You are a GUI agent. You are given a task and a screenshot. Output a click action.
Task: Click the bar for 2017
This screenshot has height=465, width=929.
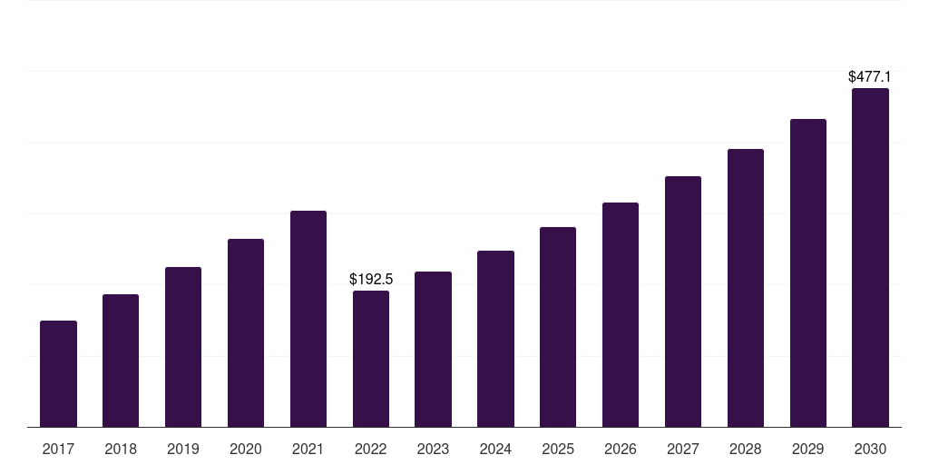pos(58,373)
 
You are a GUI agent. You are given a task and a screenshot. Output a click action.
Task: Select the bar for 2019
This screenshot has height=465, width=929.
pos(183,347)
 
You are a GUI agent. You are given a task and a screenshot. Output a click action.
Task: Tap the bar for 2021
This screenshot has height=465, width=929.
pos(308,319)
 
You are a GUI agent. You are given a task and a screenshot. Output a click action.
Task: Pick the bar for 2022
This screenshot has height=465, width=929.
pos(371,359)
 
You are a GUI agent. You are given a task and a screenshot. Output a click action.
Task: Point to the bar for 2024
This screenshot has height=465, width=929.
pos(495,339)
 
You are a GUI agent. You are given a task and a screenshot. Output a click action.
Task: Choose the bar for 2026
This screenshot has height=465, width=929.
pos(621,314)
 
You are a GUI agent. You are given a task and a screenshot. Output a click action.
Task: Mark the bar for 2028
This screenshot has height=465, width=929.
pos(746,288)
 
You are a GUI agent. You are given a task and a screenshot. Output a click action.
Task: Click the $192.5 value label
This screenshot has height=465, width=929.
pos(371,280)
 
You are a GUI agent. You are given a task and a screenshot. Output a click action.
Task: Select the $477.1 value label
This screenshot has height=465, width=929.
pos(869,77)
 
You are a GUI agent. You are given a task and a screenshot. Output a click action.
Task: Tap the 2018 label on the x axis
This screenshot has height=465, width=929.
pos(121,449)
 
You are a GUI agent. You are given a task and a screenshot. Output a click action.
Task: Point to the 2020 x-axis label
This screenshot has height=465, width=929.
pos(246,449)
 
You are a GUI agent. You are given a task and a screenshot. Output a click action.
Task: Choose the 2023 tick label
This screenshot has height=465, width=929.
pos(433,449)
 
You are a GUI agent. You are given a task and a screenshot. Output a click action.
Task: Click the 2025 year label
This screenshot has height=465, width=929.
pos(558,449)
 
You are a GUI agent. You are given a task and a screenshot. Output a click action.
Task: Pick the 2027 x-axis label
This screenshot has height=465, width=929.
pos(683,449)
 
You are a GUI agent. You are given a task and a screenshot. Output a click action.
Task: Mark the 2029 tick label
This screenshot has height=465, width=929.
pos(807,449)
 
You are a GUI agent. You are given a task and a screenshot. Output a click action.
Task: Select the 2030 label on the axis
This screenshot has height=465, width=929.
pos(870,449)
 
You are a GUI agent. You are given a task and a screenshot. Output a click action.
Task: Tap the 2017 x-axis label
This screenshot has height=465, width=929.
pos(58,449)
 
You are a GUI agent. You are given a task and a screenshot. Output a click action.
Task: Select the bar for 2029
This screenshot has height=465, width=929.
pos(807,272)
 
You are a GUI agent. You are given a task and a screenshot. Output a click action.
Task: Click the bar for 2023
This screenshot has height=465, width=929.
pos(433,349)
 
